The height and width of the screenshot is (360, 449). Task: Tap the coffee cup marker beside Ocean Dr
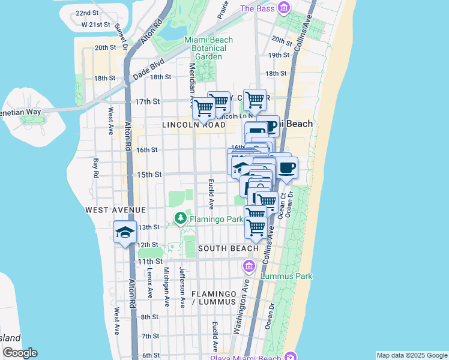click(x=286, y=168)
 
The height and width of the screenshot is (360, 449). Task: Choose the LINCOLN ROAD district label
click(x=193, y=125)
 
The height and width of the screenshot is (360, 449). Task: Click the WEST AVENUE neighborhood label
click(x=115, y=210)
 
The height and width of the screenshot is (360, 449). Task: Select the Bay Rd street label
click(x=95, y=167)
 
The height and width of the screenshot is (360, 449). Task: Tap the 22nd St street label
click(x=88, y=13)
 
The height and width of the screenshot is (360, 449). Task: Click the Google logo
click(x=20, y=353)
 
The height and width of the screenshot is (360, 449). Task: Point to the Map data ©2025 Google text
click(x=411, y=355)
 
